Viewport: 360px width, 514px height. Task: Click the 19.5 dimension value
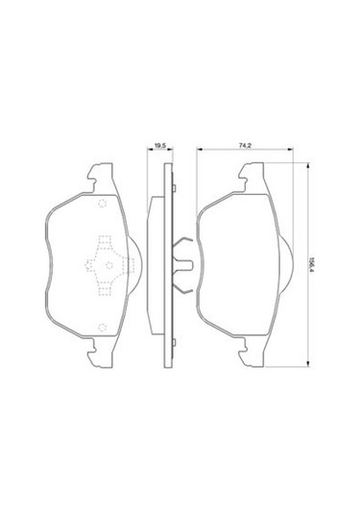coord(160,146)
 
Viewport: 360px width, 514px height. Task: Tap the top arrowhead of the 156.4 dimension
coord(307,166)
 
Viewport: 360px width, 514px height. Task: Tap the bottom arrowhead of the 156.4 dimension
coord(307,363)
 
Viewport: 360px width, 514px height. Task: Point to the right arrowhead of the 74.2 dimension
coord(290,150)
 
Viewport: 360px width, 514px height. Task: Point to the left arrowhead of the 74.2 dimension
coord(200,150)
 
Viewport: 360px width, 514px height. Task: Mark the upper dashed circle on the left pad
coord(103,204)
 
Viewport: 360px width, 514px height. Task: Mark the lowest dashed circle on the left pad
coord(103,327)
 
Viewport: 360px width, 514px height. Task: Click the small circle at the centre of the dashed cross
coord(109,265)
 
